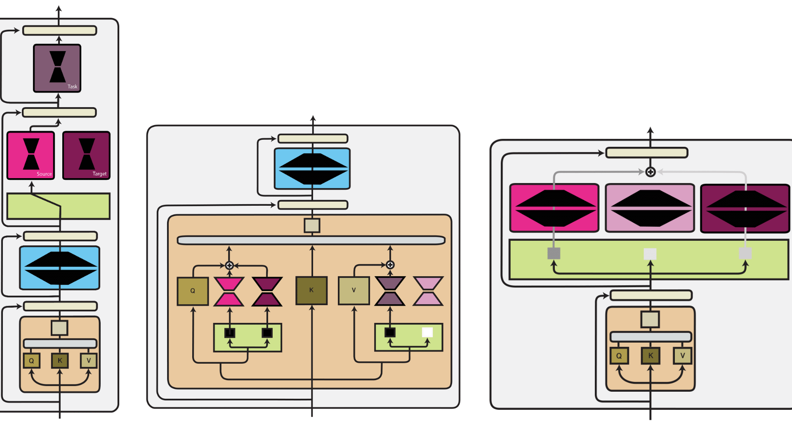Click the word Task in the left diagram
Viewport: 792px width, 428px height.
(x=72, y=87)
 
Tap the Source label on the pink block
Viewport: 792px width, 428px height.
(x=44, y=174)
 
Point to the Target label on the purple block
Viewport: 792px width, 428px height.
(x=99, y=174)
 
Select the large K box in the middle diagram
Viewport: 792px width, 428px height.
(x=311, y=290)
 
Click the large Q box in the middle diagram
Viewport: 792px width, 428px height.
(x=193, y=291)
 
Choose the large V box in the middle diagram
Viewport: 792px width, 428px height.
(x=354, y=290)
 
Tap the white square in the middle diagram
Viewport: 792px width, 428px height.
(x=427, y=332)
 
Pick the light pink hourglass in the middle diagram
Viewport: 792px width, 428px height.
(x=428, y=291)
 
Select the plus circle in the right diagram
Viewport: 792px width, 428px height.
(x=651, y=172)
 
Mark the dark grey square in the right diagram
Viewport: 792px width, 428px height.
(x=554, y=253)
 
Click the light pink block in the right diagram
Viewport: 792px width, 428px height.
(x=650, y=208)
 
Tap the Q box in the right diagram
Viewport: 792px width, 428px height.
(x=619, y=356)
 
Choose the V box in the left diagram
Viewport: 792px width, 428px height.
(x=88, y=361)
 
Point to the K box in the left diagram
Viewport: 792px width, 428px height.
(x=60, y=361)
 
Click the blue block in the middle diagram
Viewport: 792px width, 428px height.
(x=312, y=169)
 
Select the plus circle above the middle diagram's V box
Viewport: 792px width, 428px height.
(x=390, y=265)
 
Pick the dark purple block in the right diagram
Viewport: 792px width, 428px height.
(x=745, y=208)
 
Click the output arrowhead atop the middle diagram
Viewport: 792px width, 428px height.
(x=313, y=119)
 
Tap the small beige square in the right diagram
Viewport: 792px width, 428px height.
(x=650, y=320)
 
